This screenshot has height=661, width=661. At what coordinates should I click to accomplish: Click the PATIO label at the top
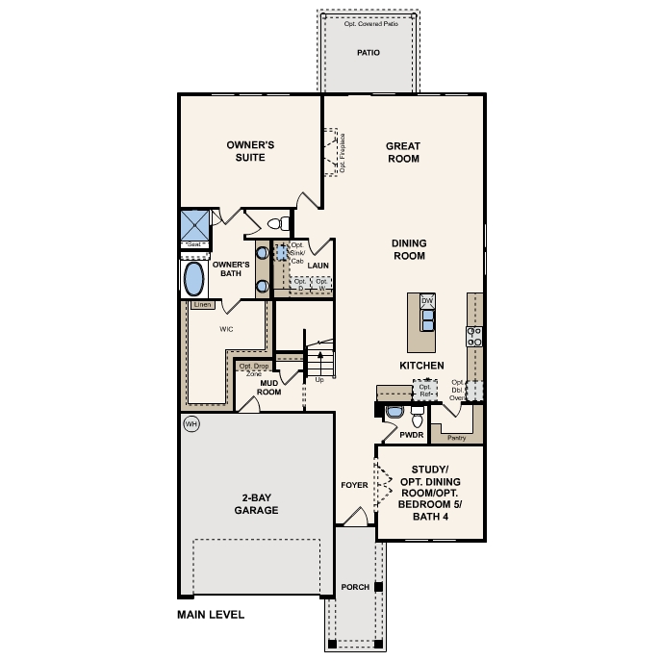[x=369, y=53]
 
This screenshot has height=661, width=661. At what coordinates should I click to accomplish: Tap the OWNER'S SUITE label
[x=245, y=151]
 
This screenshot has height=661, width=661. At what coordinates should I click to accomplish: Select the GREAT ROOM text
[x=402, y=153]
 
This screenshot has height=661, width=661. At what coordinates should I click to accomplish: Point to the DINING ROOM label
[x=409, y=250]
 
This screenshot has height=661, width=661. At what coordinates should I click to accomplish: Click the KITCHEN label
[x=421, y=366]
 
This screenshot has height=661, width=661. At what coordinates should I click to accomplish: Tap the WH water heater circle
[x=191, y=423]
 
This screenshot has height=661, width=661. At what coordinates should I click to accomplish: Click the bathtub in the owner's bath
[x=194, y=280]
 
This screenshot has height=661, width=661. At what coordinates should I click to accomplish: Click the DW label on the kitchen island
[x=428, y=301]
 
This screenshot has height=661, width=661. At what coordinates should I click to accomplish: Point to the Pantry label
[x=456, y=437]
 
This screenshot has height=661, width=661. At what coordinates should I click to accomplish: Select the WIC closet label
[x=227, y=328]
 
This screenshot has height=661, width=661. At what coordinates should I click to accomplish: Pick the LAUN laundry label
[x=318, y=265]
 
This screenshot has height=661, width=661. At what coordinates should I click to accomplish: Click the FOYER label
[x=354, y=485]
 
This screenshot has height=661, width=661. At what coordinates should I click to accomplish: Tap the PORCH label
[x=355, y=587]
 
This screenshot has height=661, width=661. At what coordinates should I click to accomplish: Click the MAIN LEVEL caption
[x=211, y=614]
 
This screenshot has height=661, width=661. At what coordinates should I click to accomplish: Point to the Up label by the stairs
[x=319, y=380]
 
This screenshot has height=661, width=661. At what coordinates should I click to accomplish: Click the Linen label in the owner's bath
[x=202, y=305]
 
